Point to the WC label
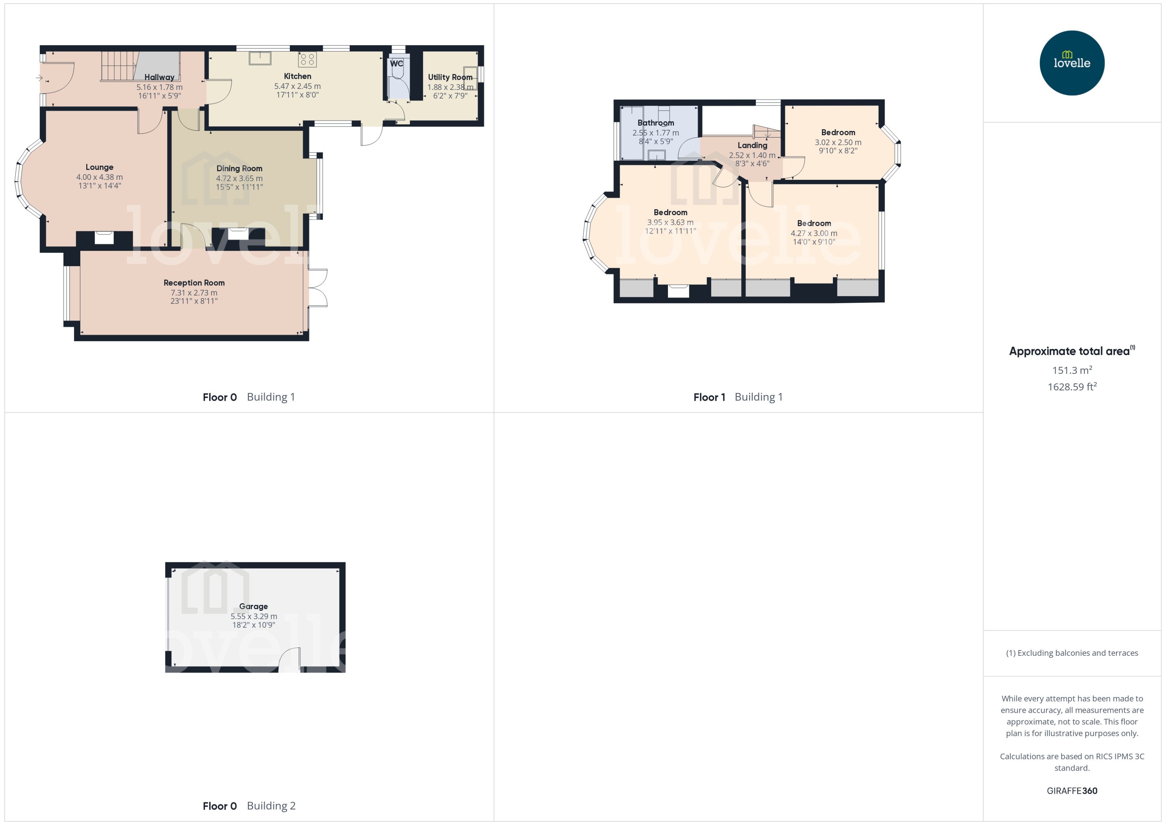(396, 64)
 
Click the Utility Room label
(450, 77)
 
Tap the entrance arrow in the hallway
(39, 78)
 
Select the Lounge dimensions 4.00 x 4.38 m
(100, 177)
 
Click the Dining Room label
(239, 169)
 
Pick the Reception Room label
(194, 283)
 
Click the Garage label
(254, 606)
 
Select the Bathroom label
(655, 123)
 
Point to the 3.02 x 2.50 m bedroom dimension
(838, 142)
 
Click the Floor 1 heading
(709, 397)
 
